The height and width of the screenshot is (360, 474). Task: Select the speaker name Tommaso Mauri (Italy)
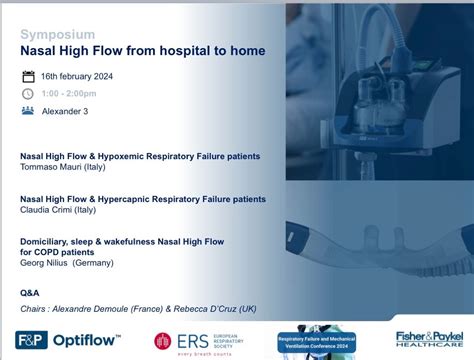[x=63, y=167]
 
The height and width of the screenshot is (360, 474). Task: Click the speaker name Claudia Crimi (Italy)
[x=60, y=209]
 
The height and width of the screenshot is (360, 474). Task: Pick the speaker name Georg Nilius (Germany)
[x=67, y=262]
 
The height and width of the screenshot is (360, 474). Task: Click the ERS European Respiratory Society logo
[x=196, y=340]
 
